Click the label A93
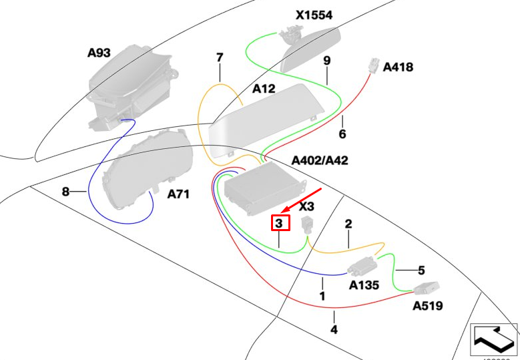(99, 53)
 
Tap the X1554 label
(314, 15)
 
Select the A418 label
(398, 67)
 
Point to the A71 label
(178, 194)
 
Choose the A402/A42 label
(320, 160)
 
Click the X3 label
(307, 206)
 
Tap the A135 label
(364, 285)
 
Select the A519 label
(427, 306)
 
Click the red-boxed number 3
(280, 223)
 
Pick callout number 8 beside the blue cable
(65, 192)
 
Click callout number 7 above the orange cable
(219, 58)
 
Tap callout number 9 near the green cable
(327, 61)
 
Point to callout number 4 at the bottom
(334, 329)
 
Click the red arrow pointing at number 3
(306, 199)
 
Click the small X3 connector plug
(307, 224)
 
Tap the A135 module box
(362, 266)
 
